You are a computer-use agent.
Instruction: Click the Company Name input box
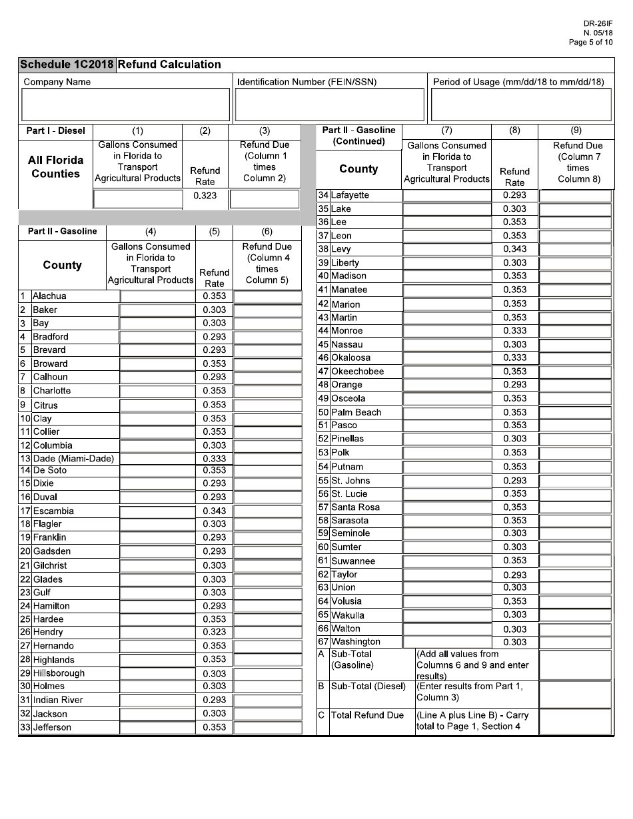click(125, 105)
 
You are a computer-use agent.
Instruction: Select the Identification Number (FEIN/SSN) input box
click(330, 105)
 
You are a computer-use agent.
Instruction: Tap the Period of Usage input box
click(521, 105)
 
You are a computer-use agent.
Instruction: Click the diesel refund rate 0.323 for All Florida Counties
click(205, 196)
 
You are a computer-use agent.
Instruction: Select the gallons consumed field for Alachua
click(157, 296)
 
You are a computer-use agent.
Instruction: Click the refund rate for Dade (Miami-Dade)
click(214, 459)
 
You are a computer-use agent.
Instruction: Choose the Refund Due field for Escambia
click(267, 511)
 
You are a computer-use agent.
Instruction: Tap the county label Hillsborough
click(59, 673)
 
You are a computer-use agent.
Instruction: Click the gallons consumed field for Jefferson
click(157, 727)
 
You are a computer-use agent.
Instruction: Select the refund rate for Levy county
click(514, 249)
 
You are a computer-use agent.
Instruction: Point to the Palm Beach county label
click(356, 412)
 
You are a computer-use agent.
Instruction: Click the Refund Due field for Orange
click(575, 385)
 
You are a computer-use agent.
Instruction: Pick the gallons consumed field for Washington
click(447, 642)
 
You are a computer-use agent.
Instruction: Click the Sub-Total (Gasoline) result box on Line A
click(575, 665)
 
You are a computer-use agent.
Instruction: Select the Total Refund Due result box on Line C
click(575, 721)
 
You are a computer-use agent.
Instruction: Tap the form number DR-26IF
click(598, 24)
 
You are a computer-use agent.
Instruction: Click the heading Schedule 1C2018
click(67, 65)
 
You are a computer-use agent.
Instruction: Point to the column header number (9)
click(576, 131)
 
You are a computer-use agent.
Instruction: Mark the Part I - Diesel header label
click(56, 131)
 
